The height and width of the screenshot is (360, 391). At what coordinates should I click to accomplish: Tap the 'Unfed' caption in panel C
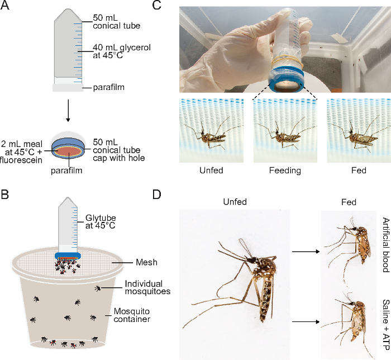[x=211, y=169]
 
